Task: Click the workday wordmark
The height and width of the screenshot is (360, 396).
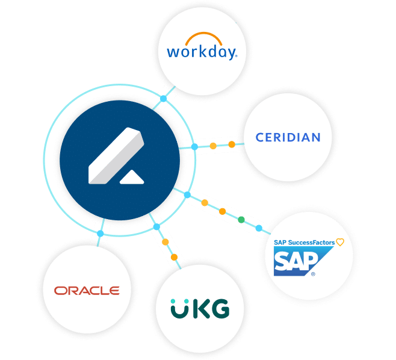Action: click(x=202, y=52)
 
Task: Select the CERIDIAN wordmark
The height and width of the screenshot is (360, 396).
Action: click(x=288, y=137)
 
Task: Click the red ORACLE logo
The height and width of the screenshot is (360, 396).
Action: click(x=87, y=291)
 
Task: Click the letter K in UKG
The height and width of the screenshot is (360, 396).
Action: click(x=201, y=308)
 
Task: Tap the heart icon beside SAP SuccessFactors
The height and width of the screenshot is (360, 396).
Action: click(x=340, y=242)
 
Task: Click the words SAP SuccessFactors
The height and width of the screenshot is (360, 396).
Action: click(x=304, y=243)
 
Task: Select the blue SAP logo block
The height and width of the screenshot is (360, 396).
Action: click(x=303, y=261)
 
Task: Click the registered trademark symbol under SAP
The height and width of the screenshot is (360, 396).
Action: click(x=313, y=274)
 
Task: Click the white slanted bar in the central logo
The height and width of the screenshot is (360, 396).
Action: click(x=116, y=156)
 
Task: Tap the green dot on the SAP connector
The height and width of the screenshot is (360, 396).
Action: click(x=241, y=220)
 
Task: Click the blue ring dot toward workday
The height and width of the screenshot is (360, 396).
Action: click(x=164, y=99)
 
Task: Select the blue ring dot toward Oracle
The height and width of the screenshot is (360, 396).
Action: click(x=101, y=234)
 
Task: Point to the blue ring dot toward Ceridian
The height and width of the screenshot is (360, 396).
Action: click(x=194, y=146)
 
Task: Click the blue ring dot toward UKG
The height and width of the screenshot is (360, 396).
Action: click(x=156, y=227)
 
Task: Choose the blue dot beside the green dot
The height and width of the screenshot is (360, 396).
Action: click(x=259, y=228)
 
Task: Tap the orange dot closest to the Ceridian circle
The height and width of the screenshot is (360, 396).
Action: click(x=232, y=144)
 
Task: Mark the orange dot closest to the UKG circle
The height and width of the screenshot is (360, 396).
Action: click(x=174, y=257)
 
